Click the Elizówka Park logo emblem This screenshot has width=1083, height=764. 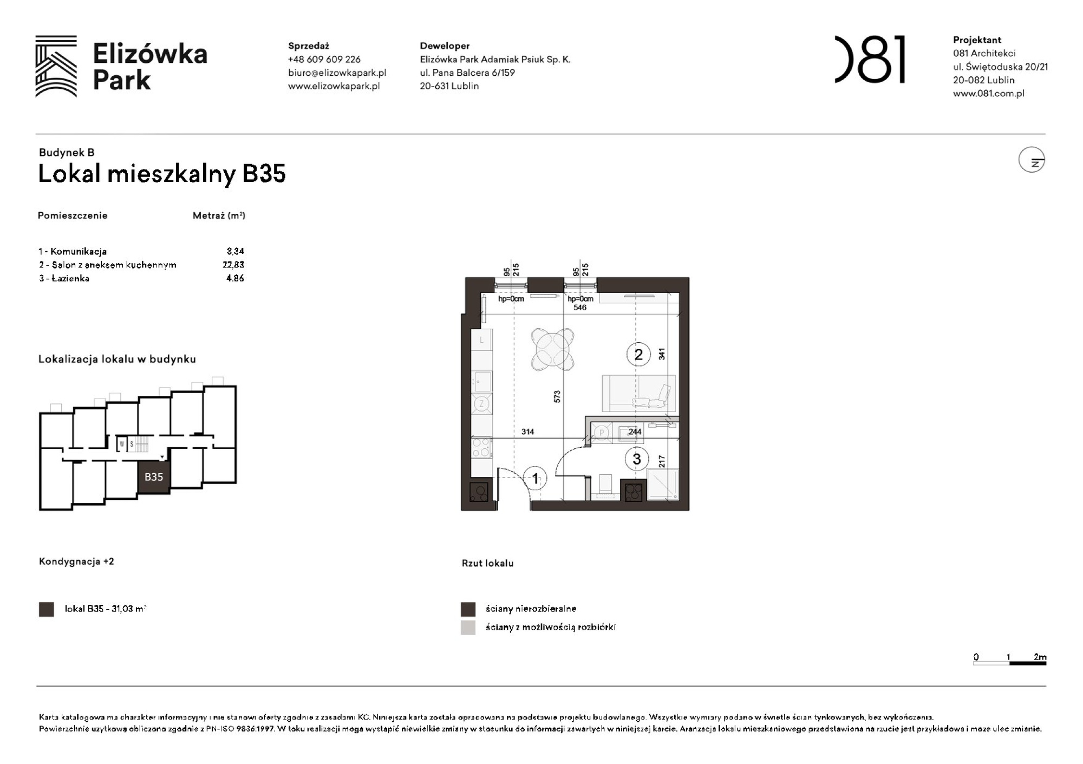56,66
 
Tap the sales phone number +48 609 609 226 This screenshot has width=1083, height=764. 324,60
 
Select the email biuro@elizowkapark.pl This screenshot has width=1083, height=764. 337,73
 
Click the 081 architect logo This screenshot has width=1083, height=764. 870,60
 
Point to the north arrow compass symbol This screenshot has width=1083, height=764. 1031,160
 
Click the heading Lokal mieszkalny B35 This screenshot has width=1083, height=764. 161,174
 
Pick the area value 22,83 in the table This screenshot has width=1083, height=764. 233,265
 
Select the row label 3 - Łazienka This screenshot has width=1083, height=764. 64,278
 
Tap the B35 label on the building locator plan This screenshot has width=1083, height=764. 154,477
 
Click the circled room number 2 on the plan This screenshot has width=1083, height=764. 638,355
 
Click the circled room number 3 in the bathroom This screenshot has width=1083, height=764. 636,459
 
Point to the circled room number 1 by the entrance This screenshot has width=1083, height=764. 535,479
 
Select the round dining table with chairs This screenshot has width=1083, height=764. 552,349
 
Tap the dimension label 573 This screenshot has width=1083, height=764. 557,396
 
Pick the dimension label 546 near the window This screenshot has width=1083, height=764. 579,308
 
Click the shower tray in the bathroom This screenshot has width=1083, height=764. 662,484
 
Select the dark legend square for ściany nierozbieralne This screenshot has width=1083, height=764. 468,609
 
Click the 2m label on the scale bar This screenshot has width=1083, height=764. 1039,657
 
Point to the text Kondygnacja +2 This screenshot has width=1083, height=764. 76,561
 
